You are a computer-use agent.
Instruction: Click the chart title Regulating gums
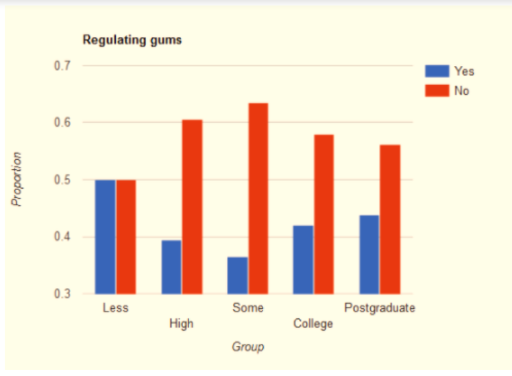click(132, 40)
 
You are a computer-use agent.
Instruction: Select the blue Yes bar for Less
click(105, 237)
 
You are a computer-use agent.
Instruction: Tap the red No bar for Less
click(126, 237)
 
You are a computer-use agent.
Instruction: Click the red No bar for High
click(192, 207)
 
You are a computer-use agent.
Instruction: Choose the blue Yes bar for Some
click(237, 275)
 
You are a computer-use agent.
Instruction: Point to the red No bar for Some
click(258, 198)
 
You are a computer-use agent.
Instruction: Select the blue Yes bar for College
click(303, 259)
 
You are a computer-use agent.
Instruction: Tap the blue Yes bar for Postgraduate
click(369, 255)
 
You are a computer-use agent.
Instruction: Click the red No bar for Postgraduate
click(390, 219)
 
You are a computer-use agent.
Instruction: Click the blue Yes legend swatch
click(437, 71)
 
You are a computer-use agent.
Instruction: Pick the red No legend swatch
click(437, 90)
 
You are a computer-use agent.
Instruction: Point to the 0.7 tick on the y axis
click(63, 66)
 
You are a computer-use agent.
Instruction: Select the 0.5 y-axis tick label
click(63, 180)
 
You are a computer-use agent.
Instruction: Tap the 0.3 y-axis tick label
click(63, 294)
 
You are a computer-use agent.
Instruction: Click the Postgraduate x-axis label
click(380, 307)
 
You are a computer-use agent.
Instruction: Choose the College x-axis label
click(313, 323)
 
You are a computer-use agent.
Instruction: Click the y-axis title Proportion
click(17, 178)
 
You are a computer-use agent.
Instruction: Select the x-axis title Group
click(247, 346)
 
